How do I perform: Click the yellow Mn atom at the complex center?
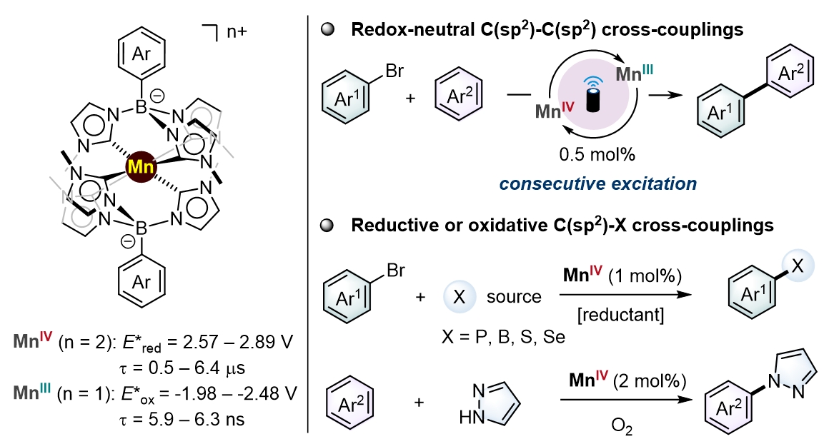(x=139, y=168)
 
